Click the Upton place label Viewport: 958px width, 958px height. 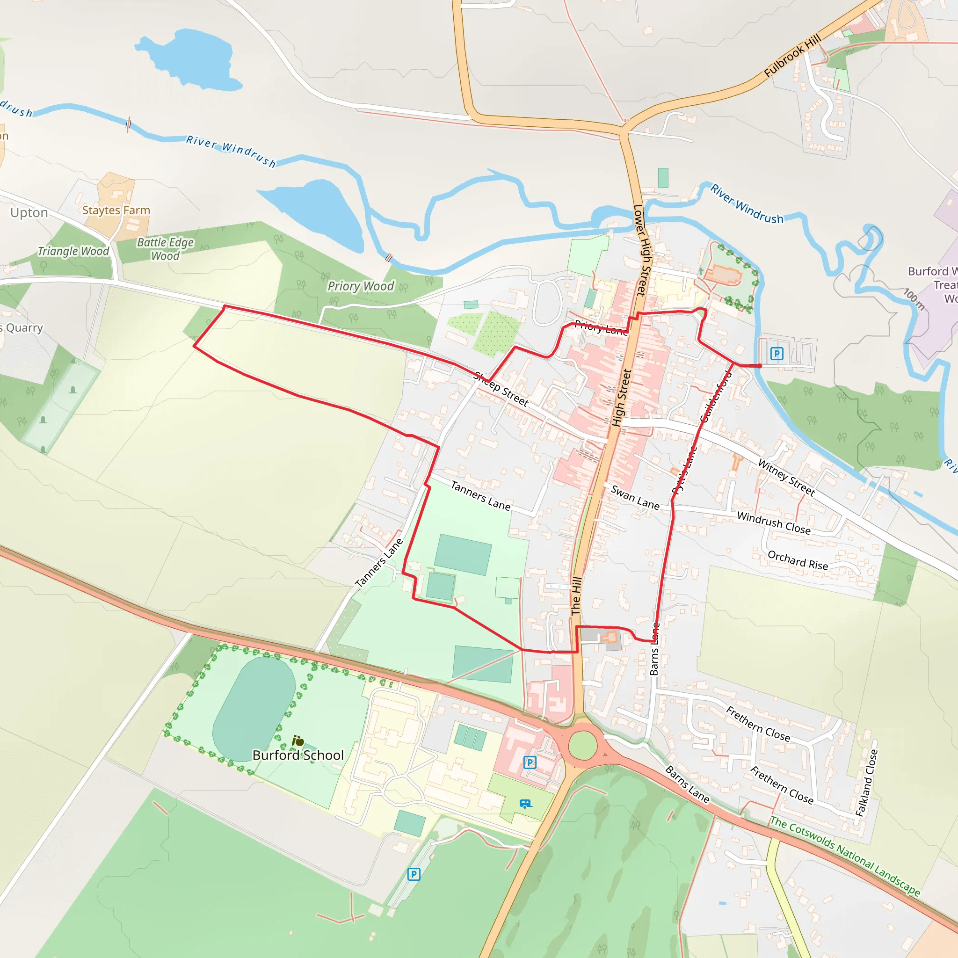click(29, 213)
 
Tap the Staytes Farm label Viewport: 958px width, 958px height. click(116, 210)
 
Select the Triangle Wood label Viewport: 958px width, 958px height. click(73, 251)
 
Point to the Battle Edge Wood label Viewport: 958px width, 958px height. click(165, 249)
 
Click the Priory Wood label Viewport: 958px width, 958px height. click(361, 286)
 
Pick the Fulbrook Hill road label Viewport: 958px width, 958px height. click(792, 55)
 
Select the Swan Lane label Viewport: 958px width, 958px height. click(635, 497)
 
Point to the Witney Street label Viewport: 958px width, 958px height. click(786, 478)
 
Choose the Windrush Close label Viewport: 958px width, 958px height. click(774, 523)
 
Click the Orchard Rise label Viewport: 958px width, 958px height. click(798, 560)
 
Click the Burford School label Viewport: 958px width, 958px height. click(298, 755)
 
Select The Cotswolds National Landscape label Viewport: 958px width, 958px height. click(844, 856)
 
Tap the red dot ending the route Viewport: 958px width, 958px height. click(759, 366)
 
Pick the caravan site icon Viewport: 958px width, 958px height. click(526, 804)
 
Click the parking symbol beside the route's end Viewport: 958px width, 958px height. click(777, 354)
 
